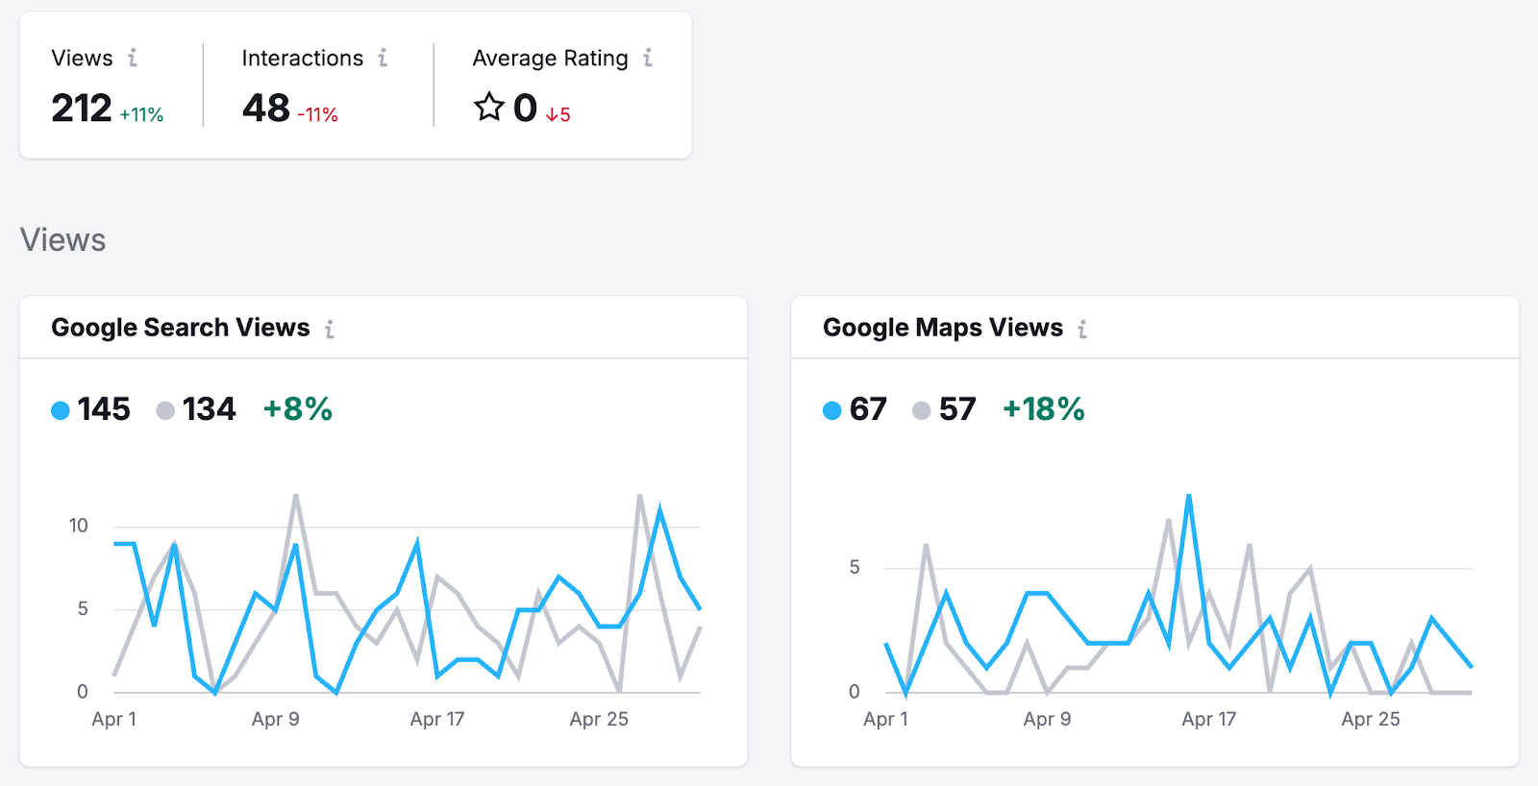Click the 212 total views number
click(82, 109)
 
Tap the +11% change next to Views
click(141, 115)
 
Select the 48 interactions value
click(266, 109)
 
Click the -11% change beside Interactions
click(317, 115)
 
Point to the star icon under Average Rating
click(489, 107)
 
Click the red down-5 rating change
click(558, 115)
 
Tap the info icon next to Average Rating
click(648, 59)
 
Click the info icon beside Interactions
click(383, 59)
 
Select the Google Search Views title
click(181, 328)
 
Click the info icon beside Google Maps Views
click(1082, 330)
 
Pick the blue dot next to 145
click(61, 410)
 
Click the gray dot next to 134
click(165, 410)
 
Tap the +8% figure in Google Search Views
click(298, 409)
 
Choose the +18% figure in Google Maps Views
click(1044, 409)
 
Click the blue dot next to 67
click(832, 410)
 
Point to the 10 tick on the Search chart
click(78, 526)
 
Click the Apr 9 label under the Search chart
click(276, 719)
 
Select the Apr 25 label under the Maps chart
click(1371, 719)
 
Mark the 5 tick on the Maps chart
click(855, 568)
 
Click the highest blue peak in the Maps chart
click(1189, 497)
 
